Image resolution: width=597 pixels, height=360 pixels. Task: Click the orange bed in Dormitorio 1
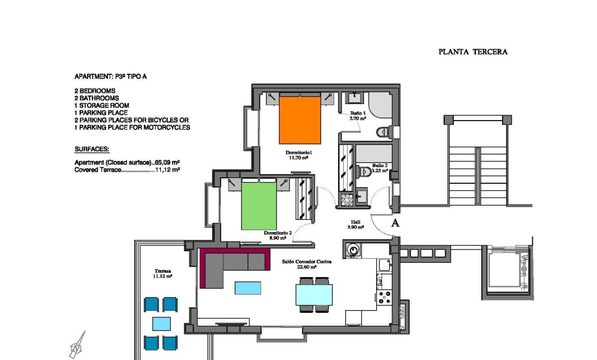click(300, 121)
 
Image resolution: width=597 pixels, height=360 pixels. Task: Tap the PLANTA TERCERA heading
click(473, 52)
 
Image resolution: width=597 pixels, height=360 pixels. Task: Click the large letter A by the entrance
click(395, 224)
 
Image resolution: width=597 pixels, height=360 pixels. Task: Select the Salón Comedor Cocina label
click(307, 264)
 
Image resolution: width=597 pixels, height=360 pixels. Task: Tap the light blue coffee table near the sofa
click(248, 288)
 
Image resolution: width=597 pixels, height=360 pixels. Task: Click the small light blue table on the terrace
click(161, 323)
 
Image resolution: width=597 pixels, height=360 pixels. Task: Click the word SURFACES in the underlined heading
click(92, 150)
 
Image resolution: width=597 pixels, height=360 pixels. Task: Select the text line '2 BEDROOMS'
click(95, 91)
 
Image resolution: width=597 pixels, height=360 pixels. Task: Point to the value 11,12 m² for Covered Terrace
click(167, 170)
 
